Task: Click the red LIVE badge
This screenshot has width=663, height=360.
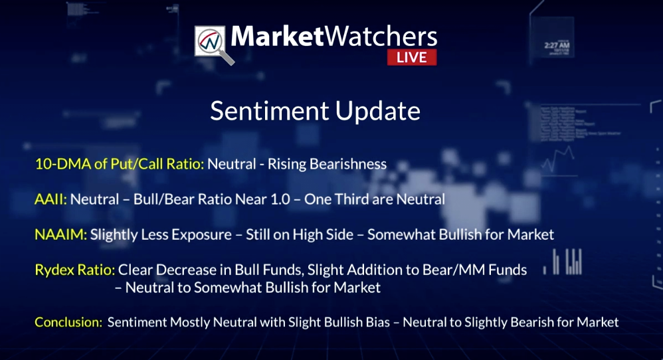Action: click(x=412, y=58)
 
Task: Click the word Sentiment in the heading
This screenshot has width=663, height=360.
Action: click(x=270, y=111)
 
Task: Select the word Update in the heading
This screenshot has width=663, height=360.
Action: click(x=378, y=112)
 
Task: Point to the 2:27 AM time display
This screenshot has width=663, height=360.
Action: click(x=557, y=45)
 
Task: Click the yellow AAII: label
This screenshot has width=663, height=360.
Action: click(x=50, y=199)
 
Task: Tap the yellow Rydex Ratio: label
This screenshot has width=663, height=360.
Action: click(x=75, y=270)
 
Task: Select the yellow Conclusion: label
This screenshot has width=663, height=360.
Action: click(x=68, y=322)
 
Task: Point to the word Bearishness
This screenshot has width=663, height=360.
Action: click(x=348, y=164)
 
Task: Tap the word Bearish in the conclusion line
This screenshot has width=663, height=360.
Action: click(x=530, y=322)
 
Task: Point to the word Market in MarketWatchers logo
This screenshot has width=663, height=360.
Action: click(x=278, y=37)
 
